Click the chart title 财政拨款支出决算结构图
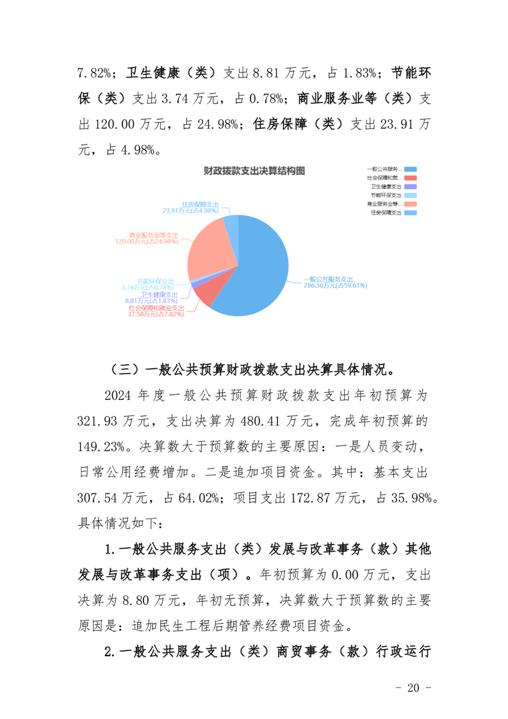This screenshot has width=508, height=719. click(x=254, y=170)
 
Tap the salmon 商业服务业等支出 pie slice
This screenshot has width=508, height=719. click(x=208, y=247)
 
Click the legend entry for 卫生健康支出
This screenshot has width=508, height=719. click(x=385, y=186)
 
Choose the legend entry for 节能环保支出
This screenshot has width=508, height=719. click(x=385, y=195)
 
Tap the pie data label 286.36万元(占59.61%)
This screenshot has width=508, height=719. click(x=335, y=286)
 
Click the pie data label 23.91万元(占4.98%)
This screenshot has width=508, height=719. click(x=190, y=210)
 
